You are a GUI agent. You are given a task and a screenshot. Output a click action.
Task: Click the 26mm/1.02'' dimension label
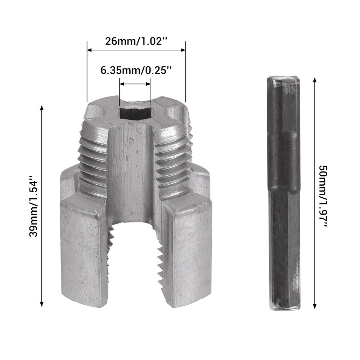tap(136, 40)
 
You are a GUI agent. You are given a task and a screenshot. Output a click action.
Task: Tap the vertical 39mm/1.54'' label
tap(34, 206)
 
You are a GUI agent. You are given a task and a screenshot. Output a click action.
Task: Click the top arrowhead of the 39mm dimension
tap(42, 108)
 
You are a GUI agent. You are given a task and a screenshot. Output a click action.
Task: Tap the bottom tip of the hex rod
tap(284, 308)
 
